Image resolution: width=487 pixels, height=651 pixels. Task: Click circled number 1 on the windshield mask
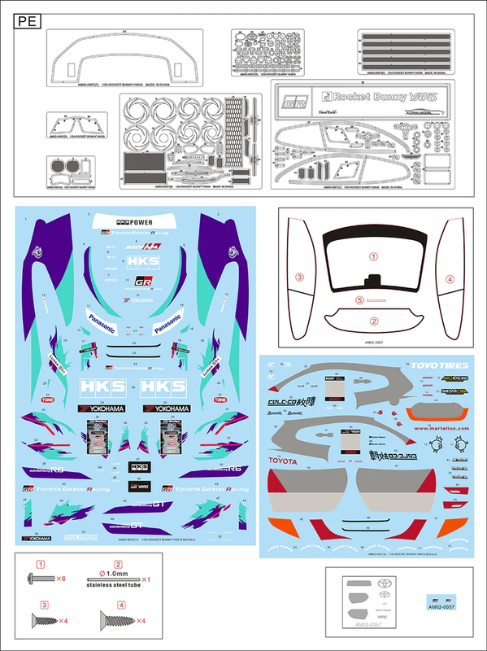375,256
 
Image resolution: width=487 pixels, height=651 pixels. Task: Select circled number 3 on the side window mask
299,277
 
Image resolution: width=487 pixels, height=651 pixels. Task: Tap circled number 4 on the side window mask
449,279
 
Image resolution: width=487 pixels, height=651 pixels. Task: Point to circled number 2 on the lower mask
375,321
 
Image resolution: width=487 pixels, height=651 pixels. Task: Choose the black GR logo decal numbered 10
143,283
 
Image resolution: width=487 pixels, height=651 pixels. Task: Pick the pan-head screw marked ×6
40,579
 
